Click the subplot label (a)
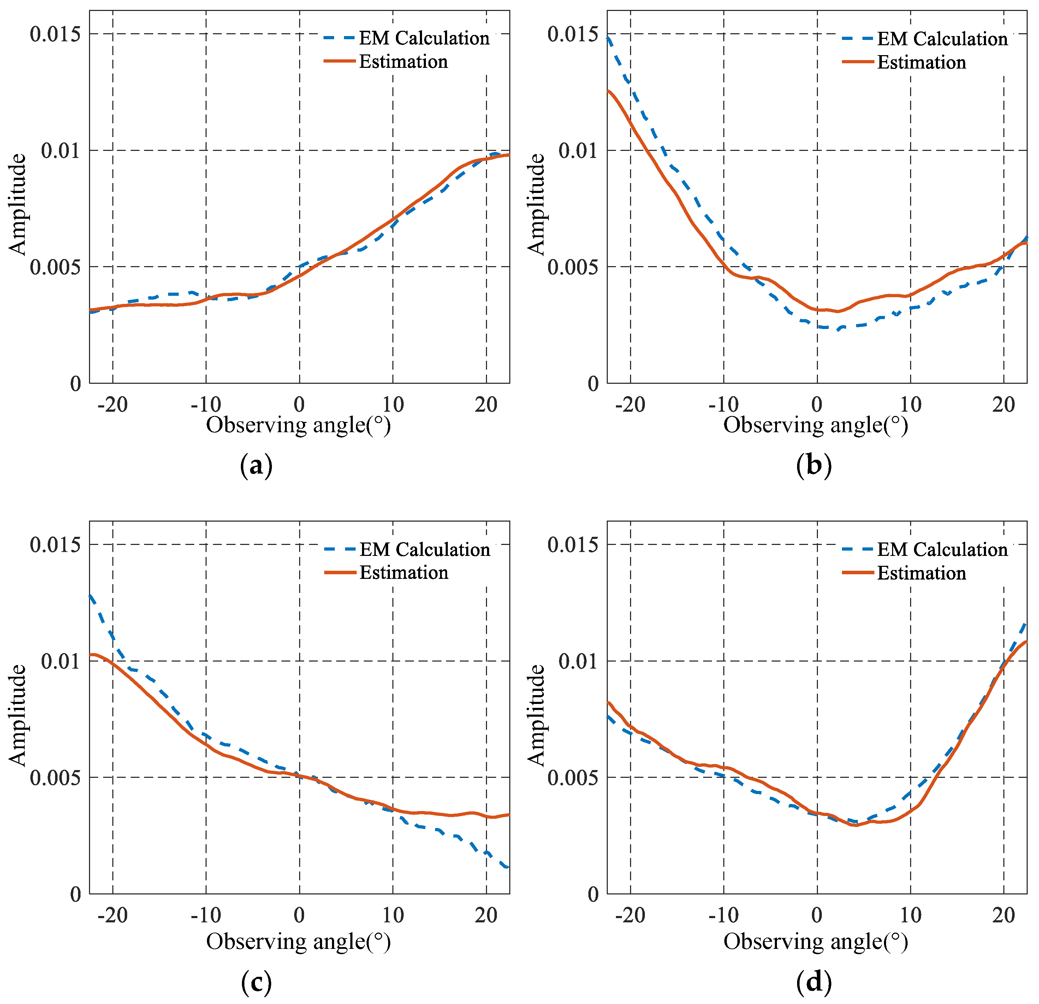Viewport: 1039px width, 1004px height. [256, 466]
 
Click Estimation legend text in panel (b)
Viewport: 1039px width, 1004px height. [921, 63]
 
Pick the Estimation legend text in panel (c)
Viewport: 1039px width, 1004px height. [404, 573]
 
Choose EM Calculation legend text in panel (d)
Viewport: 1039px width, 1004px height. [942, 550]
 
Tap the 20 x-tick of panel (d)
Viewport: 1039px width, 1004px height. [1003, 915]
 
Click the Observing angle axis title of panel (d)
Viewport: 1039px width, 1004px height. [816, 941]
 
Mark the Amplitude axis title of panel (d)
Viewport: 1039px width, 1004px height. [536, 715]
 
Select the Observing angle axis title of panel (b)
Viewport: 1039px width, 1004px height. [816, 425]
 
